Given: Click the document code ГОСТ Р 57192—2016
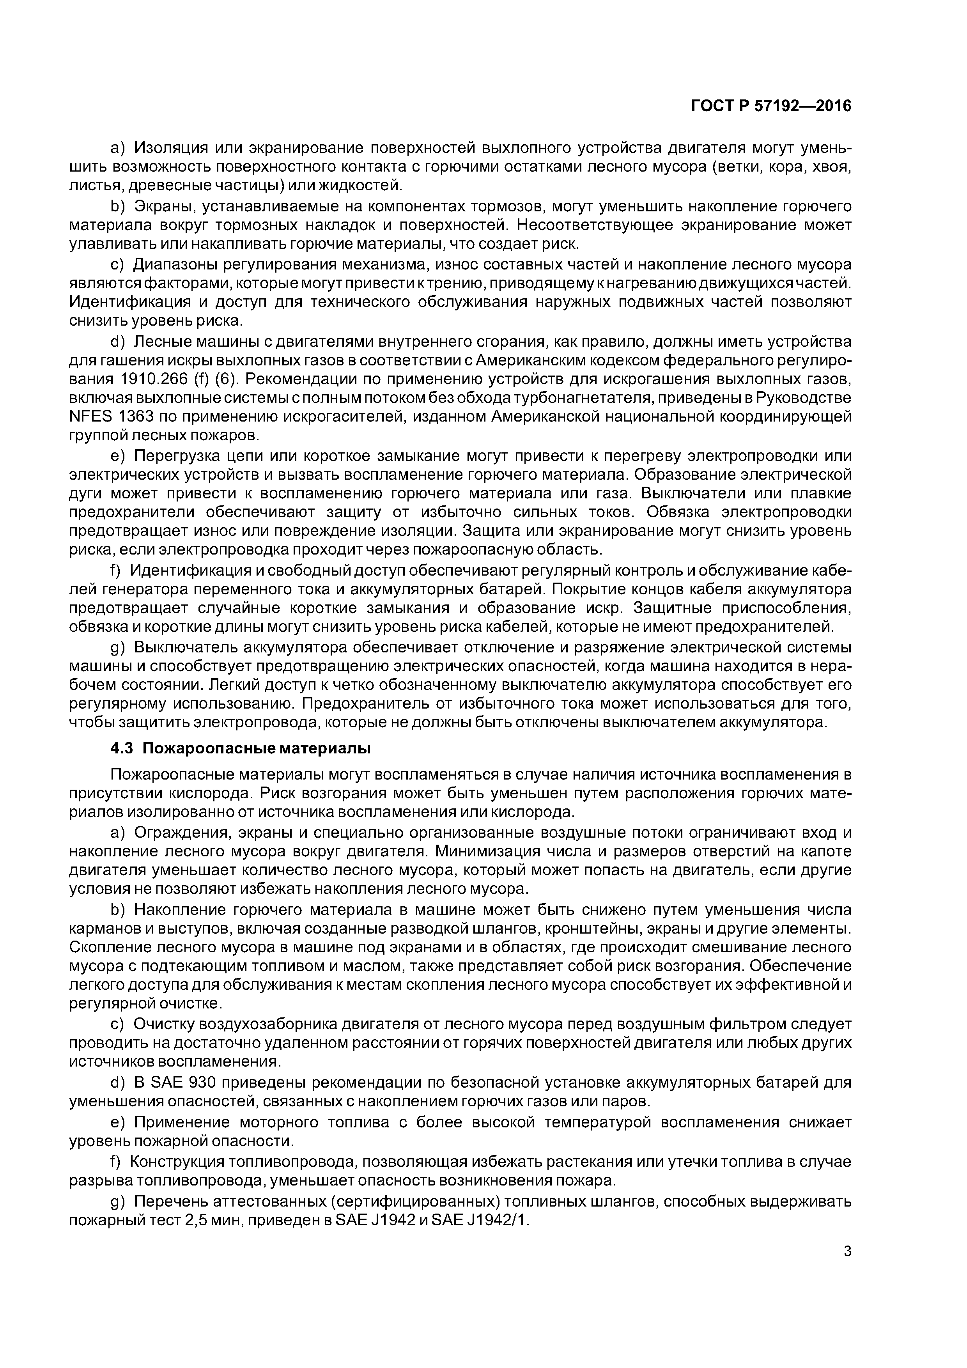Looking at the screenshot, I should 771,106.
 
